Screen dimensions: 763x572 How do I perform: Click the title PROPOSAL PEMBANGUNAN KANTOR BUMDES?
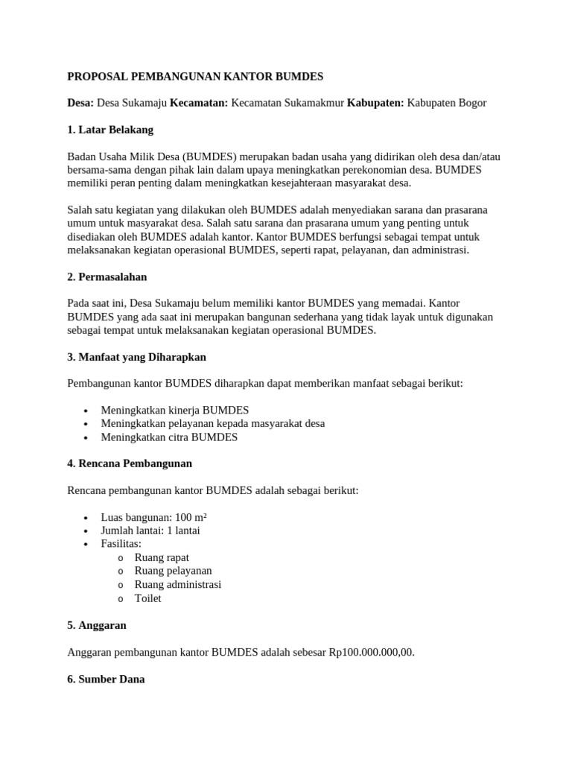click(x=195, y=76)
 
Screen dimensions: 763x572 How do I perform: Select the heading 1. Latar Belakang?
click(x=110, y=130)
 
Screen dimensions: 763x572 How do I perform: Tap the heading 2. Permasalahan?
click(x=107, y=277)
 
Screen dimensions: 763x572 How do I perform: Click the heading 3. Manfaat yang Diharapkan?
click(x=136, y=357)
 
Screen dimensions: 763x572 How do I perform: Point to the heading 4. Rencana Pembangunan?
click(x=130, y=463)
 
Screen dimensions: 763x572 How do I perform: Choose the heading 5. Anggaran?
click(x=97, y=625)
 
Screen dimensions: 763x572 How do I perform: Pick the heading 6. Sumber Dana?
click(x=106, y=679)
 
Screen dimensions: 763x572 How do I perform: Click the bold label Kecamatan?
click(x=199, y=103)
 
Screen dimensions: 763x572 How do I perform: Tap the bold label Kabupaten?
click(x=375, y=103)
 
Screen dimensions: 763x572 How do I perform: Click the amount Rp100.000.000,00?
click(x=372, y=652)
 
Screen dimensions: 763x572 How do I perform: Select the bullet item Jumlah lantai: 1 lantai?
click(x=150, y=531)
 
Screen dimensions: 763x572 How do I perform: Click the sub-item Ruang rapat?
click(x=162, y=557)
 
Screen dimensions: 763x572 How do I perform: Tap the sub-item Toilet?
click(x=147, y=598)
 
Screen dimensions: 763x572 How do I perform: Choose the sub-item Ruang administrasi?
click(x=177, y=584)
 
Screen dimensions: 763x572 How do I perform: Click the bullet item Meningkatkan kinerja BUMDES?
click(x=175, y=411)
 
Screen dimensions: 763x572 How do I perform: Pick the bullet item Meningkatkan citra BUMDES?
click(x=169, y=437)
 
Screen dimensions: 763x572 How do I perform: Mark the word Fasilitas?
click(x=121, y=544)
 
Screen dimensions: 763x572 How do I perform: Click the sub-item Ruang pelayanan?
click(x=173, y=571)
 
